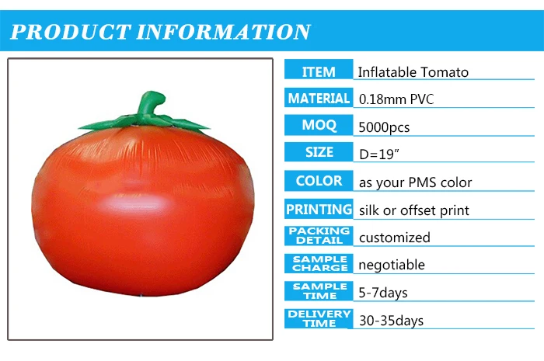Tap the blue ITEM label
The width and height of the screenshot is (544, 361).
tap(319, 71)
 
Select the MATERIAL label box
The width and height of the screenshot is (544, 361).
tap(319, 99)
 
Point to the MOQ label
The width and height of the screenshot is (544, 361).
tap(319, 125)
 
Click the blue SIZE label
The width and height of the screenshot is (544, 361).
tap(319, 152)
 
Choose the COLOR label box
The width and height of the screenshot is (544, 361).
tap(319, 181)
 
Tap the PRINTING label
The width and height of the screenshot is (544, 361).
tap(319, 210)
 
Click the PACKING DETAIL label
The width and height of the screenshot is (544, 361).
tap(319, 236)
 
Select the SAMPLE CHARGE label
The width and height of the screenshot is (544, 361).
tap(319, 264)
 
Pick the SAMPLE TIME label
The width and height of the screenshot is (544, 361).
tap(319, 291)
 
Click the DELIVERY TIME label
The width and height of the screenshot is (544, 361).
tap(319, 318)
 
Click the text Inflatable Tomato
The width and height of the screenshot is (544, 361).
tap(413, 72)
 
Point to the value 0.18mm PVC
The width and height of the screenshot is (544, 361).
tap(396, 99)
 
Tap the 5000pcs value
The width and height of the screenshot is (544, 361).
tap(384, 127)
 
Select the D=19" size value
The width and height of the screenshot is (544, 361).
tap(378, 154)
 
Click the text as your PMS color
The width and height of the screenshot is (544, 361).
tap(415, 183)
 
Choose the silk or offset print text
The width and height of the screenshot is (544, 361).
tap(413, 210)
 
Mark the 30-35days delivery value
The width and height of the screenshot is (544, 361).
tap(391, 320)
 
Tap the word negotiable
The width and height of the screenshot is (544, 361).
tap(392, 265)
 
